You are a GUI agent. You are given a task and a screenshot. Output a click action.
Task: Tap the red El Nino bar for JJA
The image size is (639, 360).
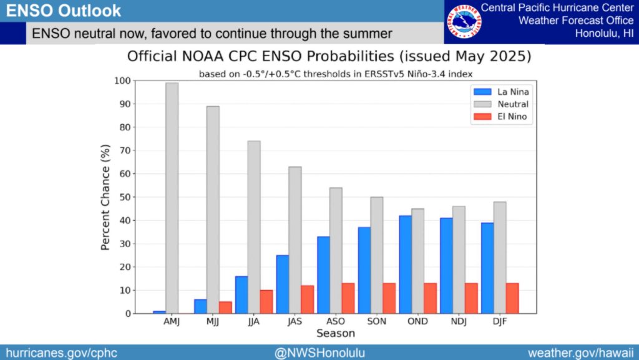coord(266,301)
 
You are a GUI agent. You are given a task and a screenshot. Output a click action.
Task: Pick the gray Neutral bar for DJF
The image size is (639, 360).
coord(499,257)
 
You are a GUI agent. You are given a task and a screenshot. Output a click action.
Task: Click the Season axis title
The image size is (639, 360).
coord(335,334)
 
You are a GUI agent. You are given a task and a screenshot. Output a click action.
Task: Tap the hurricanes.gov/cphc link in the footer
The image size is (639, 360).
coord(61,353)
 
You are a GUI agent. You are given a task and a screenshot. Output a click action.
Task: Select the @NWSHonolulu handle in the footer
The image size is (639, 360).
coord(318,353)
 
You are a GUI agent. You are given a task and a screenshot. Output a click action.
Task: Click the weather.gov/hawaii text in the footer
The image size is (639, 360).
coord(581,353)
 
